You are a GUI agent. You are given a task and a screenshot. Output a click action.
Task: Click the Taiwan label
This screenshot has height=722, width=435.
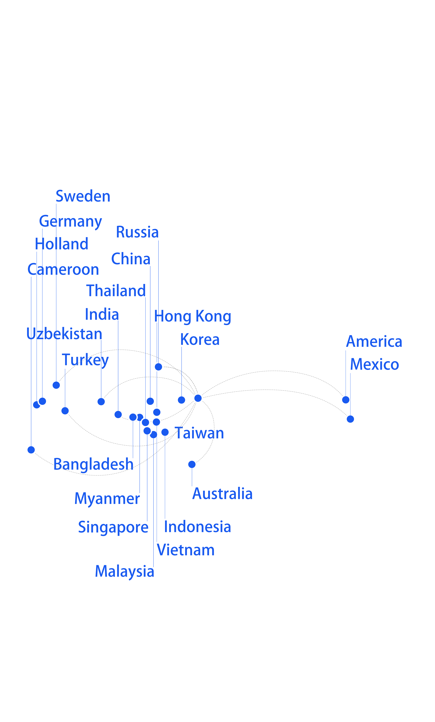199,433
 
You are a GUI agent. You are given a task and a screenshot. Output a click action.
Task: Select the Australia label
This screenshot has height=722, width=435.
222,494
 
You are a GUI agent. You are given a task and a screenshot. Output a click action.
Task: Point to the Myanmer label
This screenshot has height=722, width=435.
107,499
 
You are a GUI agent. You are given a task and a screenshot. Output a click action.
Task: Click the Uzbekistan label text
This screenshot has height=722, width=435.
64,334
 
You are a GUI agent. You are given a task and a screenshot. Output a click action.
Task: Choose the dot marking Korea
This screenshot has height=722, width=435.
181,400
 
